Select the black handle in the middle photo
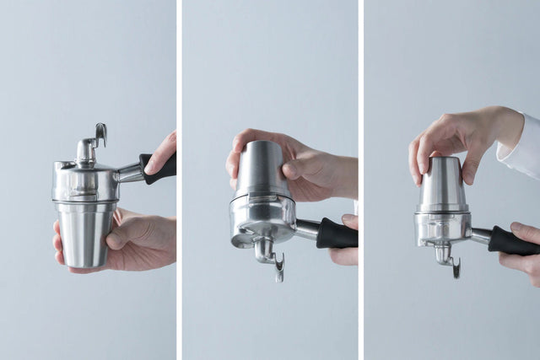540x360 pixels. click(336, 234)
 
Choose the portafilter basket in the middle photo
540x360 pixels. click(262, 217)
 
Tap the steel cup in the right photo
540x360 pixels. click(443, 185)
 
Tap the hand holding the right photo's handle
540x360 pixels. click(525, 249)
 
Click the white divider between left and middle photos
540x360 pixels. click(179, 180)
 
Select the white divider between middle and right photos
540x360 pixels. click(360, 180)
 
